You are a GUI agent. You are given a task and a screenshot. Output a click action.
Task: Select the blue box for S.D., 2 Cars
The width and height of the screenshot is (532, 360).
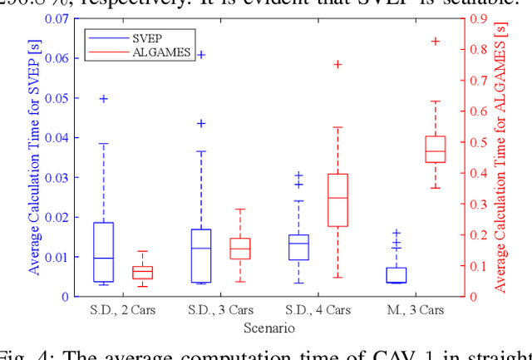pos(103,252)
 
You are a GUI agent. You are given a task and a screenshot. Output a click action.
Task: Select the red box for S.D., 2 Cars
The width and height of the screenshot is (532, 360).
pos(143,272)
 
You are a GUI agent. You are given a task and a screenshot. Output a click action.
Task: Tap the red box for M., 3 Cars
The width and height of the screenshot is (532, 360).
pos(436,149)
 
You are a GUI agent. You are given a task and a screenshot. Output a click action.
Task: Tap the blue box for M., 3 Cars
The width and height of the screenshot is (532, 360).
pos(397,275)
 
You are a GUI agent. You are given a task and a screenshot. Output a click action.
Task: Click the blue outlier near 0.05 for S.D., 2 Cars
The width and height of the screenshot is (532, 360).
pos(103,98)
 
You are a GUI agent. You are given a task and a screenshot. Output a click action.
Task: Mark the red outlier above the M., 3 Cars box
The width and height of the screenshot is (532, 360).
pos(436,41)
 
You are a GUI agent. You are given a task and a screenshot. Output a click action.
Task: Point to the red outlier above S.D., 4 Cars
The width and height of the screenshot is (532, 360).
pos(337,64)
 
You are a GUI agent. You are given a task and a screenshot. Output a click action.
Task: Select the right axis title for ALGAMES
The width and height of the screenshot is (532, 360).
pos(502,156)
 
